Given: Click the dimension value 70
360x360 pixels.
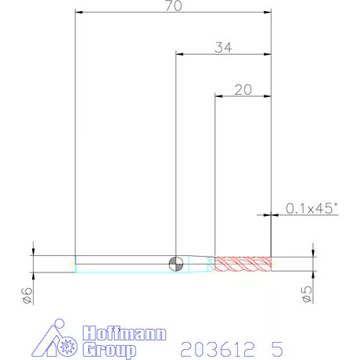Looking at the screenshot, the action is point(174,5).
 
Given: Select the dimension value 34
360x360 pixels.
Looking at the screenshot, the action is point(223,48).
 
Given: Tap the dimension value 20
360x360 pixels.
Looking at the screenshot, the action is point(243,90).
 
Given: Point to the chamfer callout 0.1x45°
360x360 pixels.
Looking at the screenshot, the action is point(311,208).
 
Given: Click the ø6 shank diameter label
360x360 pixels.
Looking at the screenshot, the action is point(27,295).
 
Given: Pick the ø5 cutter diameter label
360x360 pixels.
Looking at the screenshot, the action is point(307,294).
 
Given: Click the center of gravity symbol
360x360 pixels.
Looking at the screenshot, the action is point(176,264).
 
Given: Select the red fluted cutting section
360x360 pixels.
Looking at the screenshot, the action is point(243,264).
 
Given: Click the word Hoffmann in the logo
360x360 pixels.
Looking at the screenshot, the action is point(124,333).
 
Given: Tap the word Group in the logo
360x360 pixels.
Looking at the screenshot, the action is point(110,350).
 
